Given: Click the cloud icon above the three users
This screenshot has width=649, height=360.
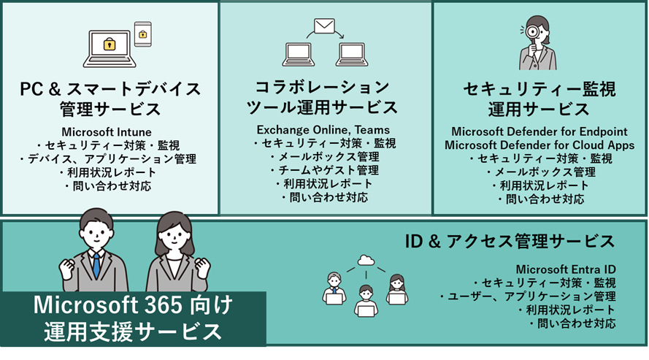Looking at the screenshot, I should tap(366, 261).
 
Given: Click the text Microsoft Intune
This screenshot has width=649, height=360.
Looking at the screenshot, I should tap(107, 132).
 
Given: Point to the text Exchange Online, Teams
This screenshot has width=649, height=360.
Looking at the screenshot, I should tap(323, 130).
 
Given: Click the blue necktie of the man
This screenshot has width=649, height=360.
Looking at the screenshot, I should tap(96, 264).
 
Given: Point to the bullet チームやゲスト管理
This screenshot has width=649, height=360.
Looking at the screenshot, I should tap(323, 170).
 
